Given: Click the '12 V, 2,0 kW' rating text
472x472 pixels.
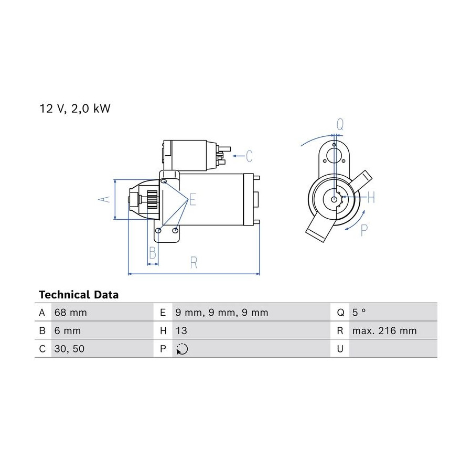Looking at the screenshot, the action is (75, 109).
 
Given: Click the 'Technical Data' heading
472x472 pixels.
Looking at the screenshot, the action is (79, 294).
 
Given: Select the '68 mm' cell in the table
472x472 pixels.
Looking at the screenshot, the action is (70, 313).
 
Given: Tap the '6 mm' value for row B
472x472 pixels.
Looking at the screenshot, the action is (68, 330).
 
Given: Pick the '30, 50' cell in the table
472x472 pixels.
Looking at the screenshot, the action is (69, 349).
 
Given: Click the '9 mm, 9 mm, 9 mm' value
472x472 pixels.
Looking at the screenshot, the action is (221, 313).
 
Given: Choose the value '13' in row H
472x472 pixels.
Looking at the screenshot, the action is (181, 330).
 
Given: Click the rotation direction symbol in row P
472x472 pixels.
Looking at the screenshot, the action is (182, 349).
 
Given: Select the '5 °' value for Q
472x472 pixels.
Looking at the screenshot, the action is (359, 312).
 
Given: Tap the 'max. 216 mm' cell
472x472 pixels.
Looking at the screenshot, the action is (384, 330).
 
